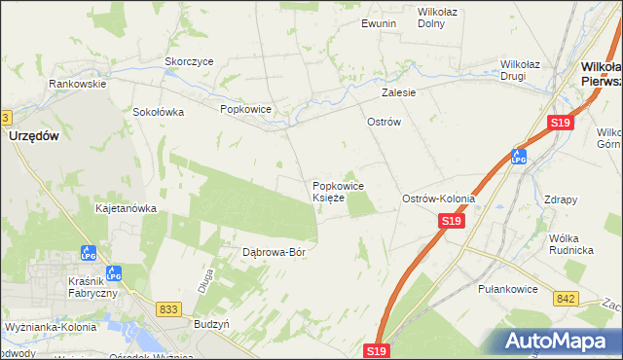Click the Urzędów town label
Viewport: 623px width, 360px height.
tap(34, 137)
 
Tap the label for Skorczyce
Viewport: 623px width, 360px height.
tap(189, 61)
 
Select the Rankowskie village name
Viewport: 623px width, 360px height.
tap(78, 84)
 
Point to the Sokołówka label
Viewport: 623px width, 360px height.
tap(159, 112)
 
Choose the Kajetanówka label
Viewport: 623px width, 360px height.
tap(126, 208)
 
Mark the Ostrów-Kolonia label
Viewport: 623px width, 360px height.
tap(439, 198)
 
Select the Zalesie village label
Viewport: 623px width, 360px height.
tap(399, 93)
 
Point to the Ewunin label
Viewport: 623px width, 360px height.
tap(379, 22)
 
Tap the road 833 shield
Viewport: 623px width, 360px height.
tap(168, 308)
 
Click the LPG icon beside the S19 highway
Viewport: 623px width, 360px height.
tap(520, 156)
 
